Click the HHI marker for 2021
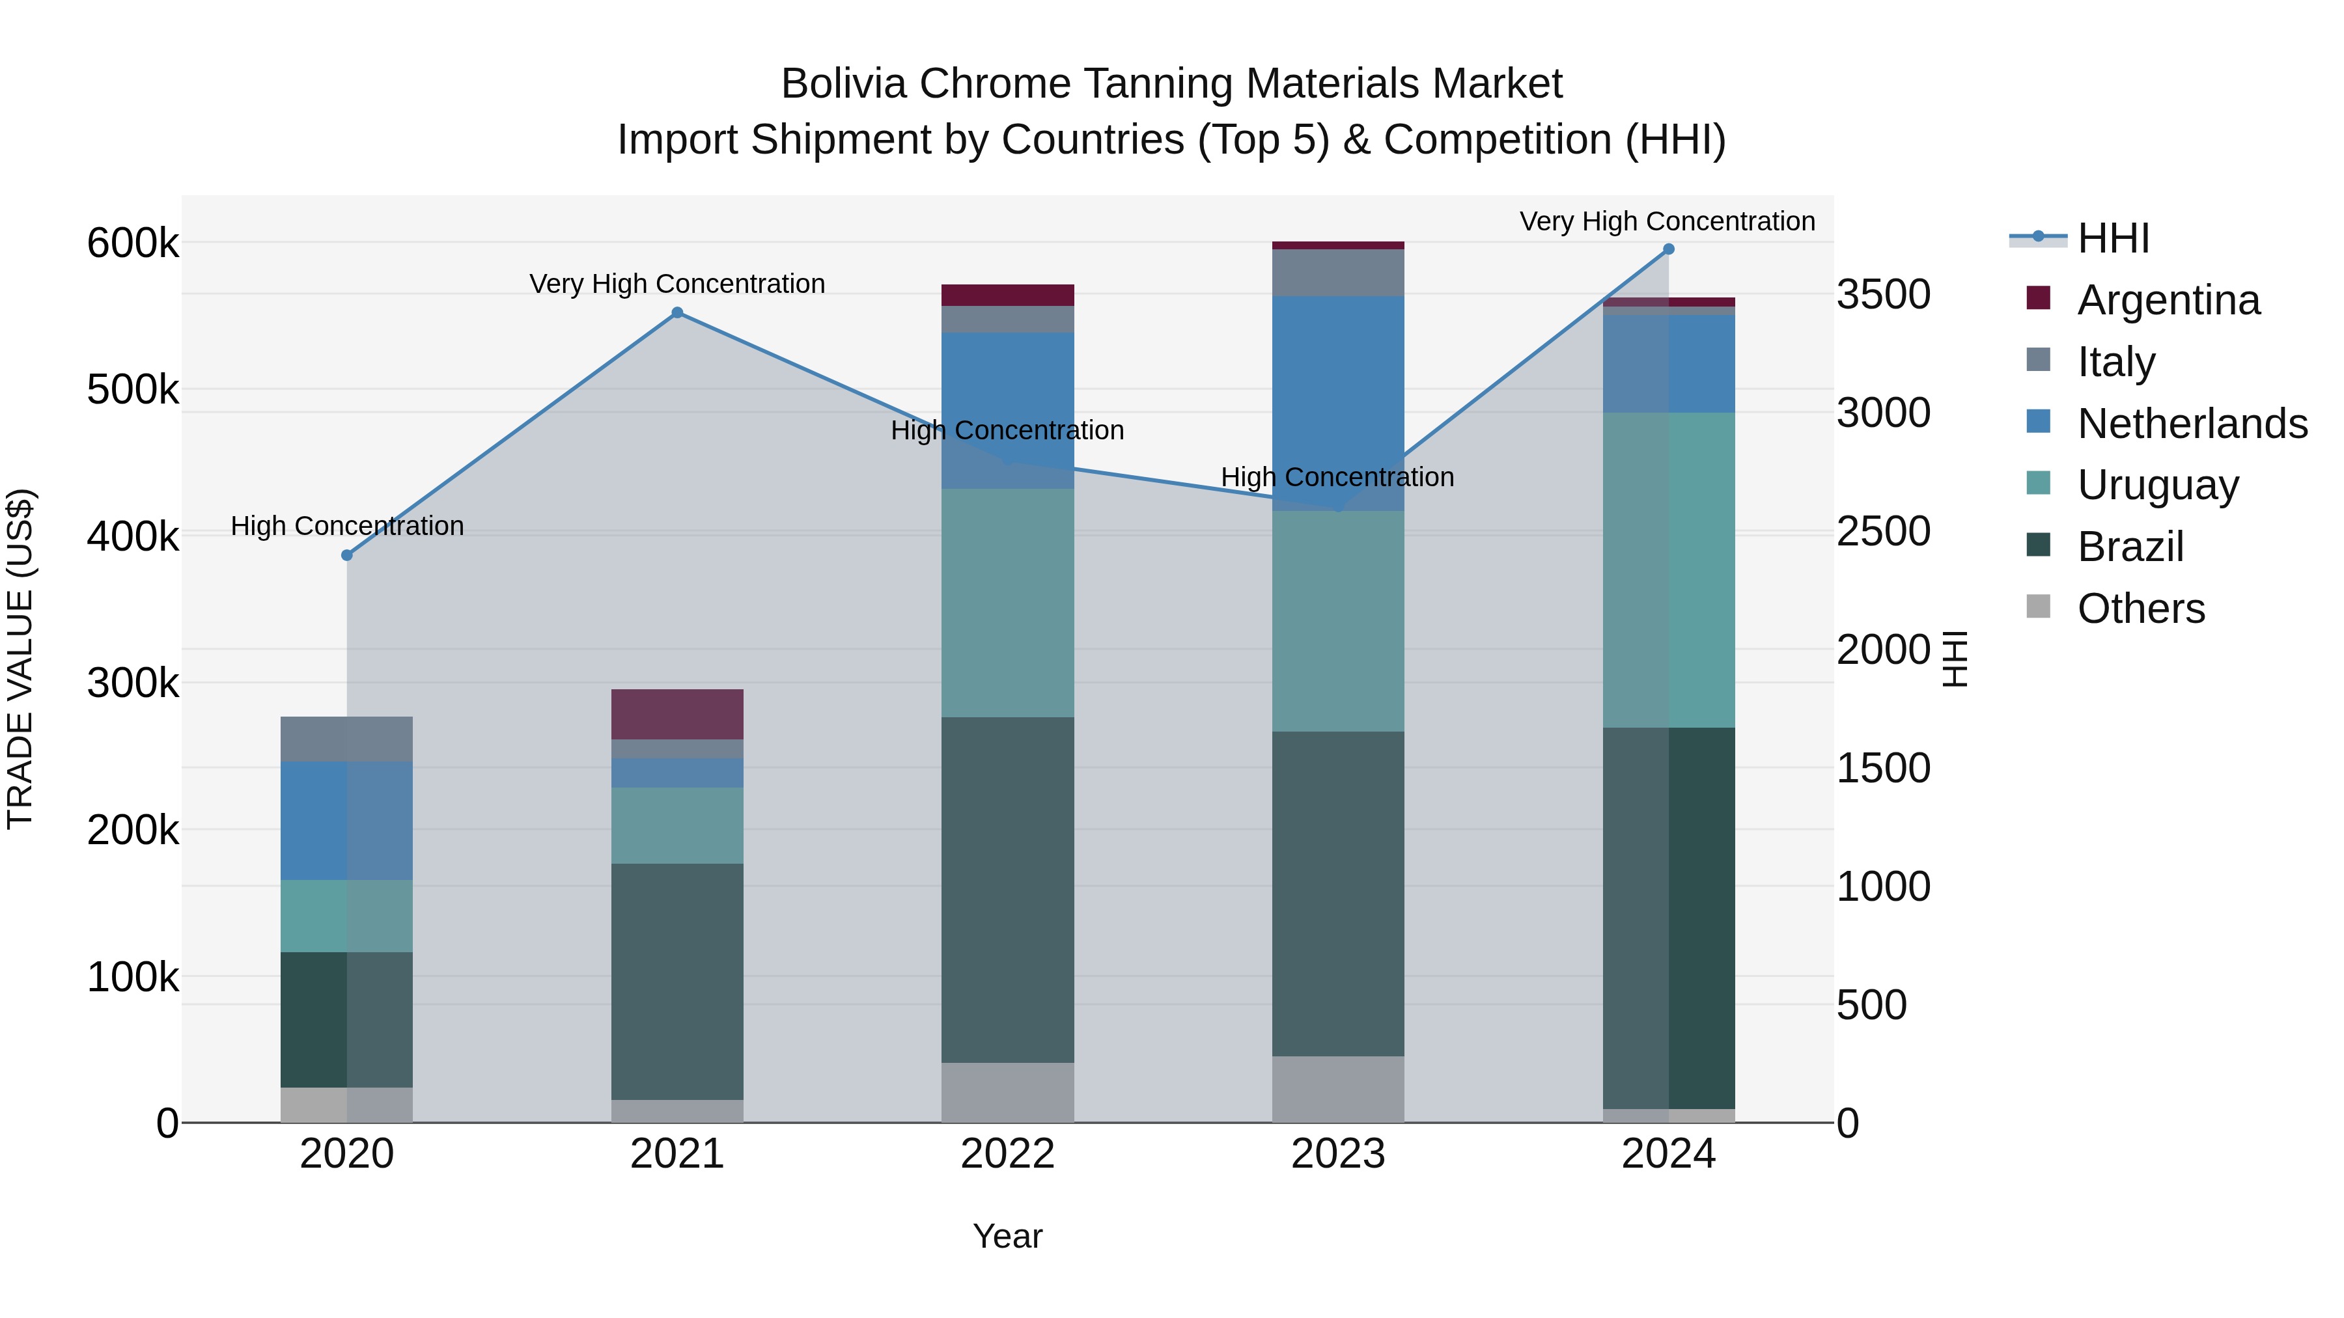[677, 313]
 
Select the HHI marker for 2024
[1668, 249]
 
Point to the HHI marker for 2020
[346, 555]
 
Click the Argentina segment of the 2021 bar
[677, 714]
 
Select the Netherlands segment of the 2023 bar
[1337, 403]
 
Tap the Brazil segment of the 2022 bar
[1007, 890]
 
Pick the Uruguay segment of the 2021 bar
[677, 825]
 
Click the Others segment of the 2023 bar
[1337, 1089]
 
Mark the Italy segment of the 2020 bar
[346, 739]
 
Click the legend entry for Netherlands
[2192, 424]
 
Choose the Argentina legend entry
[2168, 300]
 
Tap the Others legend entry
[2140, 609]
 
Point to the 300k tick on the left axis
[133, 683]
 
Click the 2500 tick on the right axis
[1882, 531]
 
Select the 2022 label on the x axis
[1007, 1154]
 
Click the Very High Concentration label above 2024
[1667, 222]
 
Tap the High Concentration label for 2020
[346, 526]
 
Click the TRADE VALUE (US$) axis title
[21, 659]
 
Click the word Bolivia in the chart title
[843, 85]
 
